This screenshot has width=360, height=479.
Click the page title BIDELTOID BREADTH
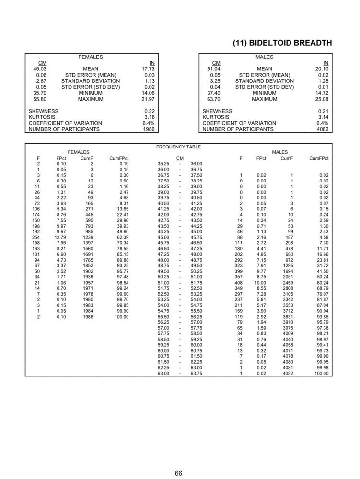point(282,43)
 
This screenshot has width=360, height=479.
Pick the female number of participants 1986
point(149,129)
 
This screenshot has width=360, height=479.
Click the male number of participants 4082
point(323,129)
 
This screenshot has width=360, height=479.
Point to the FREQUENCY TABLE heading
point(178,147)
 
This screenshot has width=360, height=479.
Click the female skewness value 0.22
point(150,111)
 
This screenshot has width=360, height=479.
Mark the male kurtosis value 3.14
point(324,117)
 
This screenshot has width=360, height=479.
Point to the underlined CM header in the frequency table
point(180,158)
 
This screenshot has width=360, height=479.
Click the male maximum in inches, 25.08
point(322,99)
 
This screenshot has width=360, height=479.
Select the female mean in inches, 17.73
point(149,69)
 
